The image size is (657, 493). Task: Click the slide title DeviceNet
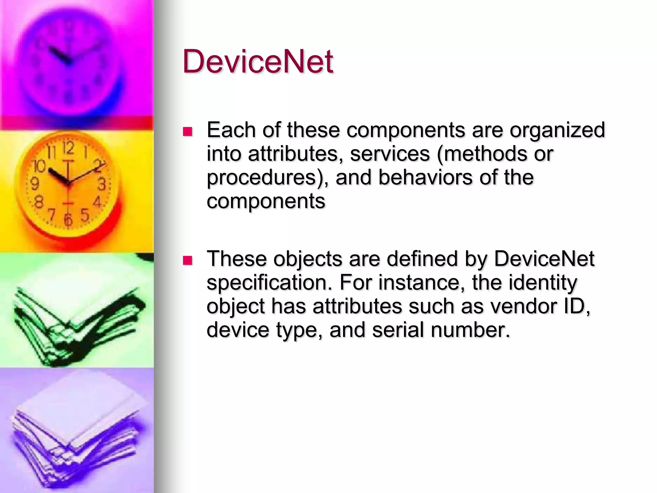coord(258,61)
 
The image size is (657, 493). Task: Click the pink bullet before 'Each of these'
coord(187,132)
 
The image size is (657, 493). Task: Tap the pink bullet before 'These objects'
coord(187,260)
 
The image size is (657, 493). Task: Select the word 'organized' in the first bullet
coord(557,130)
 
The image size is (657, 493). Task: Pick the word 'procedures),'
coord(268,177)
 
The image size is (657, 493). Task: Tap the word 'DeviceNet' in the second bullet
coord(544,259)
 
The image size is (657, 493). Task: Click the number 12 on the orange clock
coord(68,148)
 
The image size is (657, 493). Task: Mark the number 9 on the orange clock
coord(35,184)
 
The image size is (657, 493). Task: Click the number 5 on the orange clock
coord(85,214)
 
